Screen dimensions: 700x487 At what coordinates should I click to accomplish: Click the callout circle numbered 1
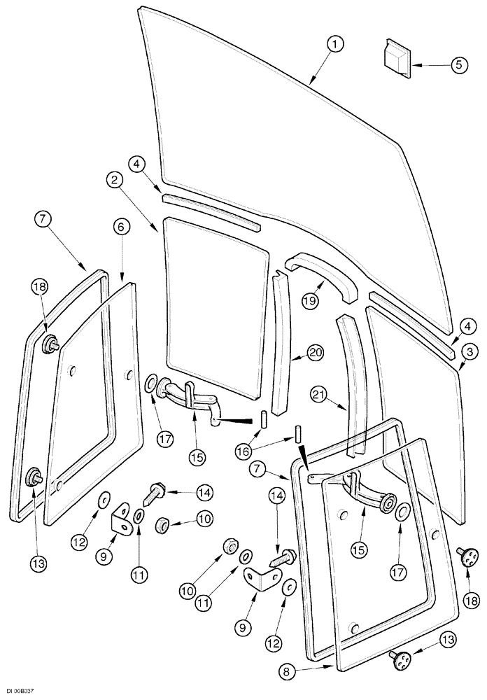(336, 44)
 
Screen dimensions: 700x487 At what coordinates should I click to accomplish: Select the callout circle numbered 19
(311, 300)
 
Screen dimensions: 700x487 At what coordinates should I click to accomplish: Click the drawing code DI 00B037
(18, 691)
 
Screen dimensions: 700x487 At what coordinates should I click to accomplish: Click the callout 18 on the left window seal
(40, 286)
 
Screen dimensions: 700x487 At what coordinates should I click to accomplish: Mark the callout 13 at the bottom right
(448, 640)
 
